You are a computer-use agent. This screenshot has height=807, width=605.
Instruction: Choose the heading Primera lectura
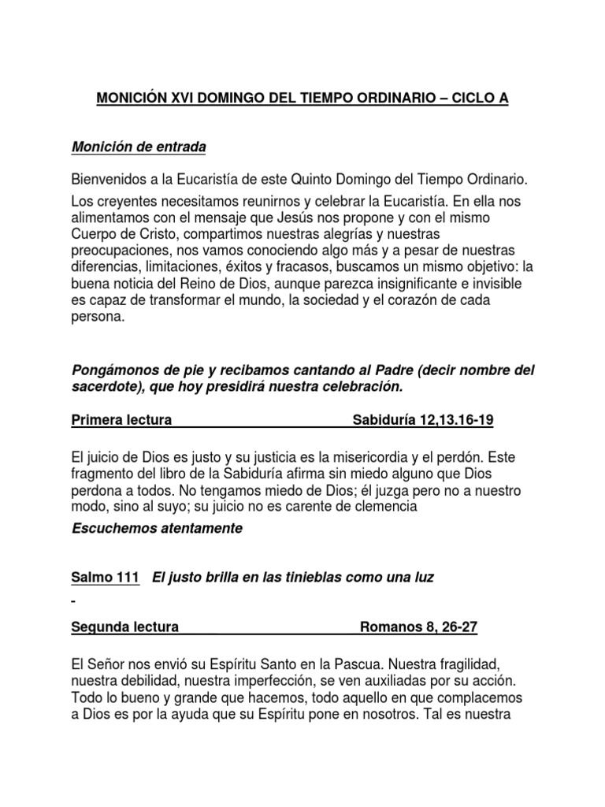coord(121,420)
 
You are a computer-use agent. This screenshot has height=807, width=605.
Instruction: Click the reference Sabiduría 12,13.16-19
coord(422,420)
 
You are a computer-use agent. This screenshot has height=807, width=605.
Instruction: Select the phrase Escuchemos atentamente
coord(157,529)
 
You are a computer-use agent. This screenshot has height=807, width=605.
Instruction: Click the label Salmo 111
coord(106,578)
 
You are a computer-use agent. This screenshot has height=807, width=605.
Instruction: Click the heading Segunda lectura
coord(125,627)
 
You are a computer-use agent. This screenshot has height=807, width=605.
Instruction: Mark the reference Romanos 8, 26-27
coord(418,627)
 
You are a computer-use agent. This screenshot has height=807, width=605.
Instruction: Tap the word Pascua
coord(359,665)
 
